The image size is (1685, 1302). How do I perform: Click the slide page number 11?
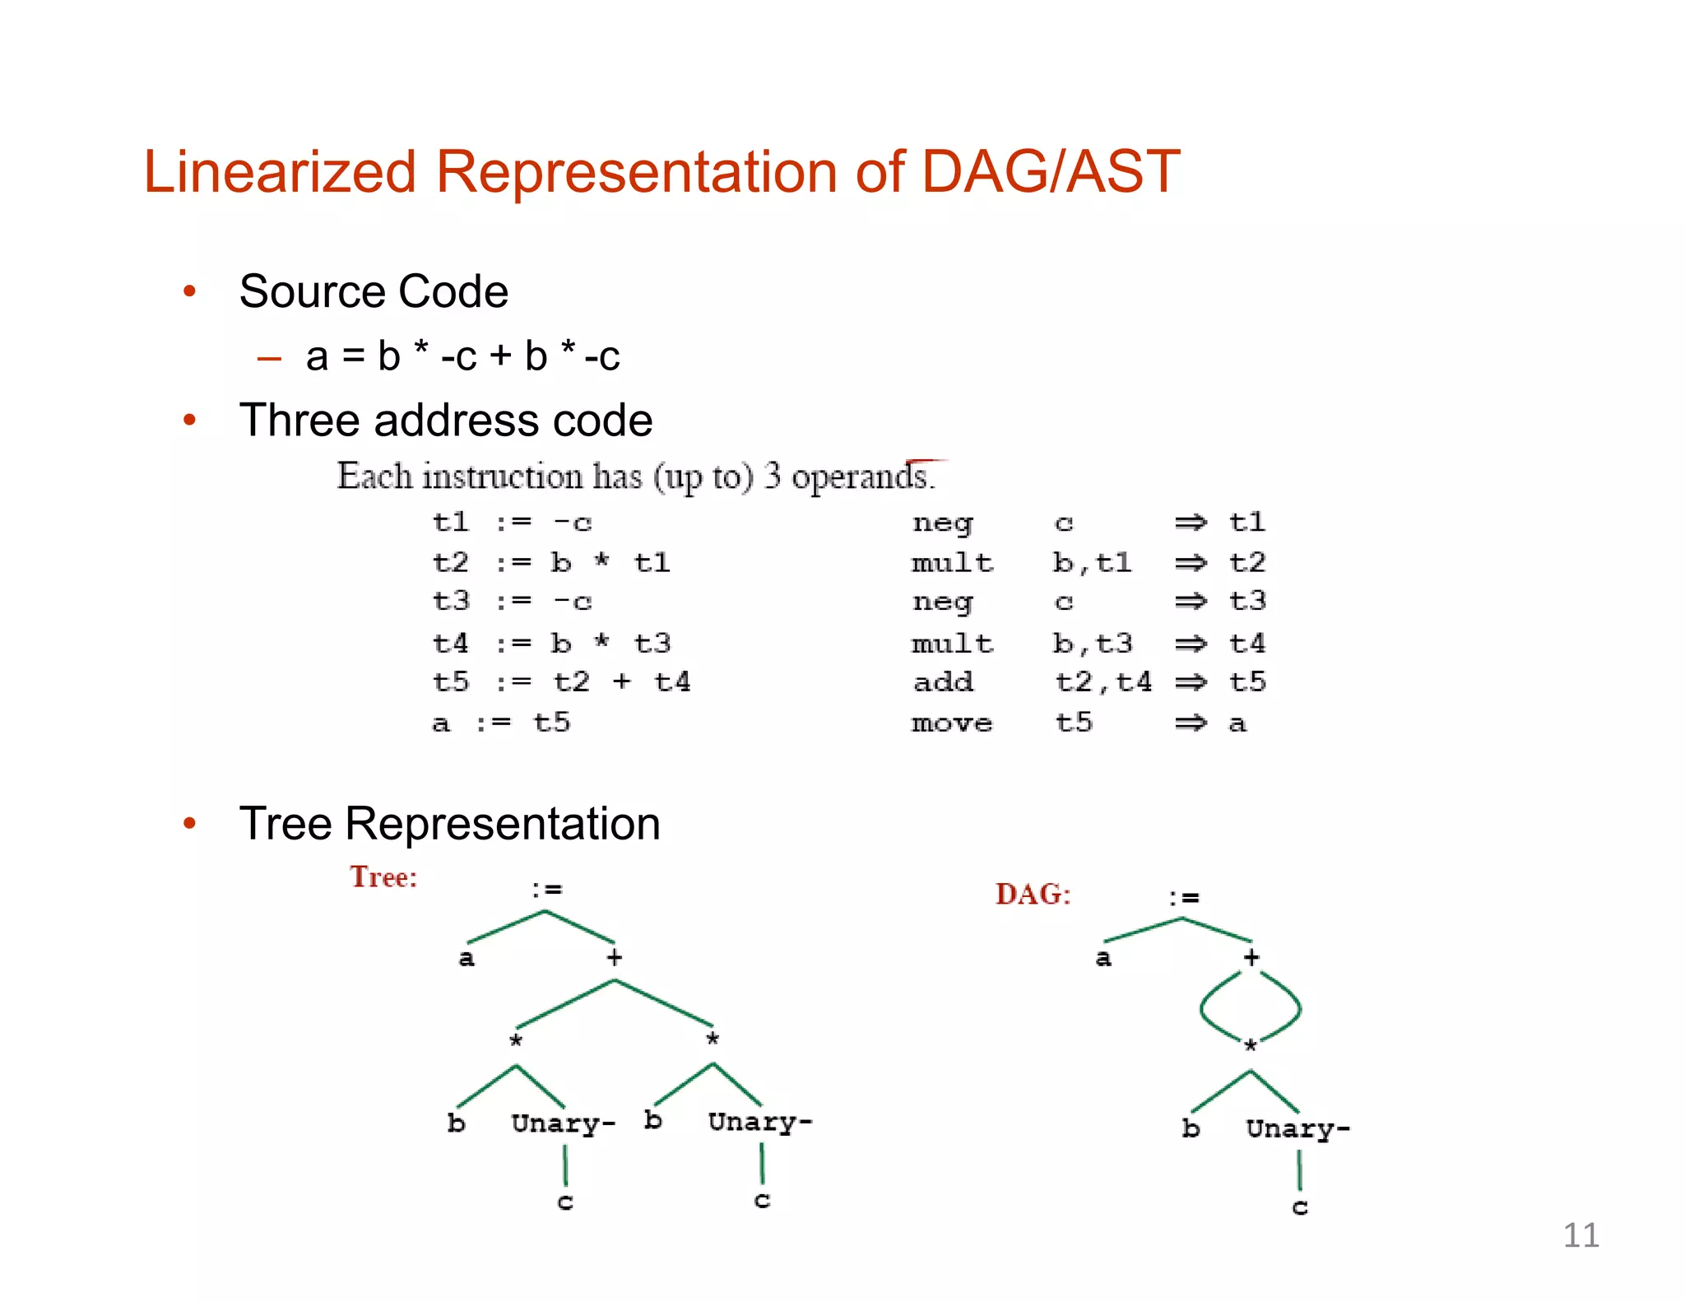click(x=1580, y=1235)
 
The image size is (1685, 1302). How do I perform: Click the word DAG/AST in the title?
click(x=1050, y=172)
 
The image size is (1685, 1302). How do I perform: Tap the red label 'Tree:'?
click(x=383, y=877)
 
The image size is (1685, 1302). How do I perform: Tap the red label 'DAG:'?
click(x=1033, y=895)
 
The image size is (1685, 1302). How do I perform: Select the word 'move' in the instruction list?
click(x=952, y=723)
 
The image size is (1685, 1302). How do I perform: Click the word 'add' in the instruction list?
click(x=943, y=682)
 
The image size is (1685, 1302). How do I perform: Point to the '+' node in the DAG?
click(x=1251, y=957)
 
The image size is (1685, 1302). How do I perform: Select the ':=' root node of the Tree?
click(x=546, y=890)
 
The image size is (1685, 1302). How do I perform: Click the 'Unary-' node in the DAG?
click(x=1297, y=1129)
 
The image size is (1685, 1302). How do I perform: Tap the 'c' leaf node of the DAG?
click(x=1299, y=1207)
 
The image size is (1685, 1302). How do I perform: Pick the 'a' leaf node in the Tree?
click(x=466, y=958)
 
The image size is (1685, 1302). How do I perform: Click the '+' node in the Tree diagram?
click(x=615, y=957)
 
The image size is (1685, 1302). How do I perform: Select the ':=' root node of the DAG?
click(x=1184, y=897)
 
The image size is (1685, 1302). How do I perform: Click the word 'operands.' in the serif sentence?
click(x=863, y=477)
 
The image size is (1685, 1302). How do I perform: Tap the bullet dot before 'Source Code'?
click(x=190, y=291)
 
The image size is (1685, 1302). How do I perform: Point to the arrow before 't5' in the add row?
click(x=1190, y=682)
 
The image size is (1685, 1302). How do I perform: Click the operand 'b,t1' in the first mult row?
click(x=1092, y=563)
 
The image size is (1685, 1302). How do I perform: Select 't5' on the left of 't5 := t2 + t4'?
click(x=451, y=682)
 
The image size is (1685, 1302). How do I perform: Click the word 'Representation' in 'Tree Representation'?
click(x=502, y=824)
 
